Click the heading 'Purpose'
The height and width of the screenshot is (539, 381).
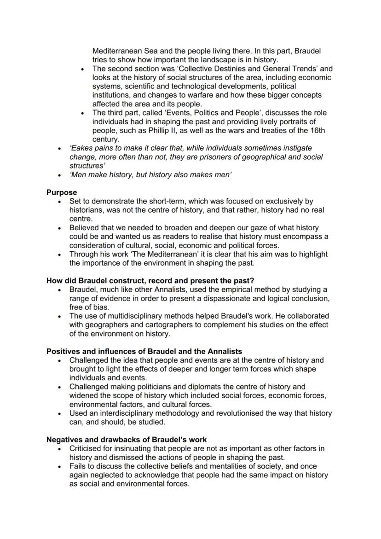click(x=62, y=192)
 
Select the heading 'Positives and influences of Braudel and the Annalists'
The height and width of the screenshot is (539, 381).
click(x=144, y=351)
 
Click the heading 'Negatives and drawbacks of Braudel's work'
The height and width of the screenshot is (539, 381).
click(x=127, y=440)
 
